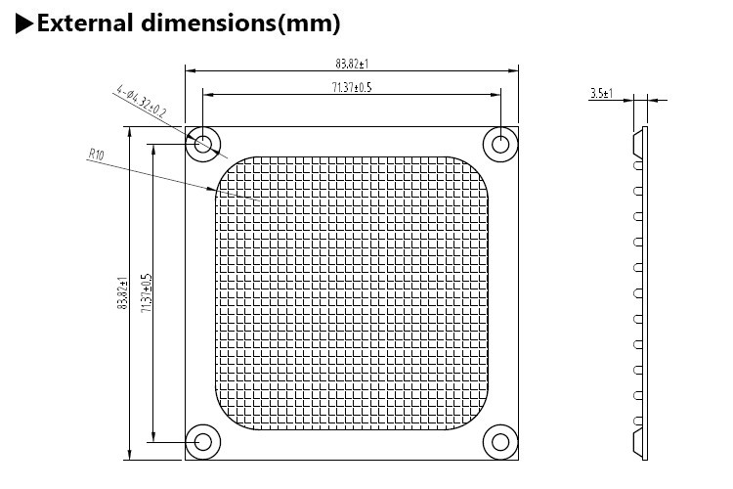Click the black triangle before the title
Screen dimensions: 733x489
click(x=23, y=23)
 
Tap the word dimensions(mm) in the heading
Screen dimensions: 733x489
click(x=240, y=23)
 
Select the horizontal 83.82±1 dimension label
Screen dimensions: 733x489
click(x=352, y=64)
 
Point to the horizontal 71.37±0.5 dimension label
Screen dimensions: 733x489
click(x=352, y=87)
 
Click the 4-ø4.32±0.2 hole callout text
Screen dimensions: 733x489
click(x=141, y=101)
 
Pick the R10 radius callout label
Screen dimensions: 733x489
click(x=97, y=154)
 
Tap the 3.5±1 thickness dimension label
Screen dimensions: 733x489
click(x=601, y=93)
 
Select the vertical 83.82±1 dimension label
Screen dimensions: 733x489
click(x=122, y=293)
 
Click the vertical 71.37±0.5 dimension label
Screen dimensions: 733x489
click(x=147, y=293)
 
